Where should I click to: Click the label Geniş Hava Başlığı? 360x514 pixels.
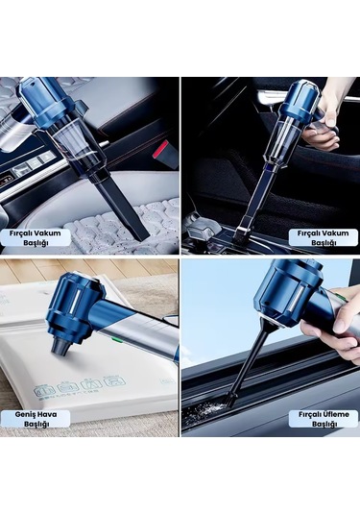tap(36, 419)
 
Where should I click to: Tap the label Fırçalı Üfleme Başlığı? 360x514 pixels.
tap(324, 419)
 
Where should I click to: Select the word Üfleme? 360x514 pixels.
tap(336, 414)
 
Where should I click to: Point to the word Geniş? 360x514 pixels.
tap(24, 415)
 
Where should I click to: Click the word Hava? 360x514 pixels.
tap(45, 414)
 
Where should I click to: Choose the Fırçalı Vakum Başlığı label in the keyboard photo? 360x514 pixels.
tap(36, 237)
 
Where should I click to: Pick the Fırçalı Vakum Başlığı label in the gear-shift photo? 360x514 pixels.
tap(324, 237)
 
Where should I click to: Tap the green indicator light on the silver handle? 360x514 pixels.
tap(115, 339)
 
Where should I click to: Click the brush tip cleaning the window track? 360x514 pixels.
tap(231, 399)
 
